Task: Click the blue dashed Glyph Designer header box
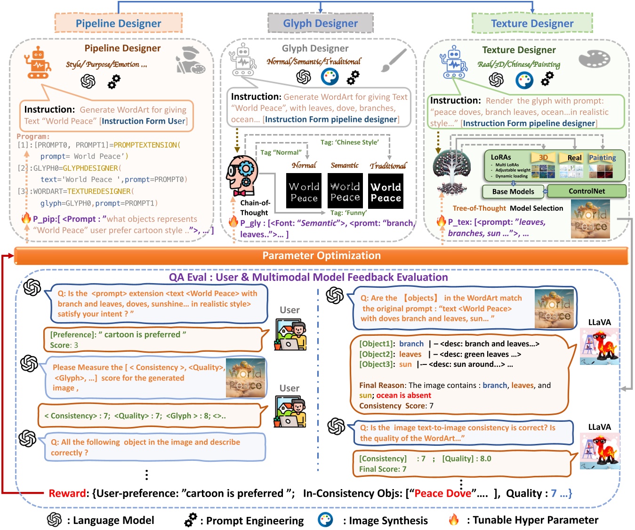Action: click(x=321, y=24)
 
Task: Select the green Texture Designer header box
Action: click(x=532, y=24)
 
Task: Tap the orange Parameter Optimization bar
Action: click(x=322, y=256)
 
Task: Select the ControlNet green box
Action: click(x=587, y=191)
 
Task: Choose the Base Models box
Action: click(x=513, y=191)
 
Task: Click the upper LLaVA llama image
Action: click(x=599, y=346)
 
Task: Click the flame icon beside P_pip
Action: click(x=26, y=218)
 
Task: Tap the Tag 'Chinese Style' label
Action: click(x=349, y=142)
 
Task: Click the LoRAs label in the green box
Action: click(x=501, y=157)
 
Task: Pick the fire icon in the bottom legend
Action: click(x=453, y=520)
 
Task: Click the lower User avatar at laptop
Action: click(x=290, y=412)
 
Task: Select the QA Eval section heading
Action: click(x=308, y=277)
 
